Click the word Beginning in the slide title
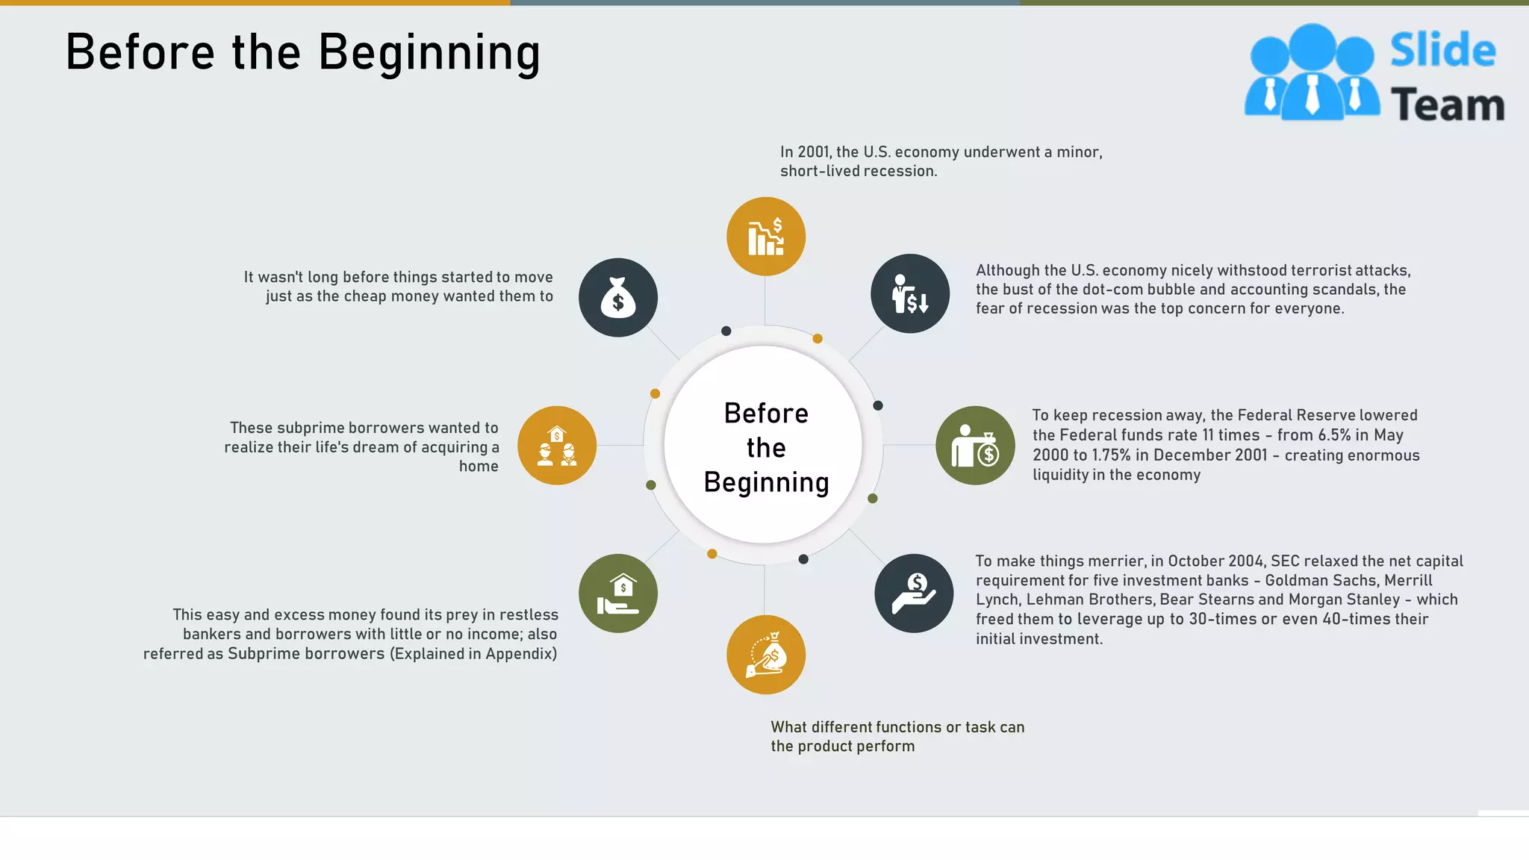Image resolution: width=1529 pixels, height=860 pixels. pos(429,54)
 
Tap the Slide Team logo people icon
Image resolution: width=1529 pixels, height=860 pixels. pos(1312,73)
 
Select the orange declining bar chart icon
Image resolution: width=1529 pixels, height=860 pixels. pos(765,237)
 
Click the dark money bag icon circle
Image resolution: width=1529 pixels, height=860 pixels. pos(618,297)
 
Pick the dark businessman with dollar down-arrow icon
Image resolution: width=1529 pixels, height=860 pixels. pos(910,293)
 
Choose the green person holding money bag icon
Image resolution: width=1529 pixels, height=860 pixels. pos(975,446)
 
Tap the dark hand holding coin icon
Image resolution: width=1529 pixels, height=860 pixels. pos(914,593)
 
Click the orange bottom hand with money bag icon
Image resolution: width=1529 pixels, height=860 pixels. pos(765,655)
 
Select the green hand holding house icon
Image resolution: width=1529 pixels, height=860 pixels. pos(618,593)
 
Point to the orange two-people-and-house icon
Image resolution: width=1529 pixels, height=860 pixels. pos(557,446)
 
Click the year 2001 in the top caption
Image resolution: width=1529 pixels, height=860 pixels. pos(813,152)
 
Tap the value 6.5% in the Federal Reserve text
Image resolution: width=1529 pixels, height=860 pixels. pos(1330,435)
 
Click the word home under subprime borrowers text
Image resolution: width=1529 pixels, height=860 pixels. pos(479,467)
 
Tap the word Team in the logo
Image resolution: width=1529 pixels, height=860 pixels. pos(1447,105)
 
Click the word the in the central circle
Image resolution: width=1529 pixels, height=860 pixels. pos(766,448)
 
